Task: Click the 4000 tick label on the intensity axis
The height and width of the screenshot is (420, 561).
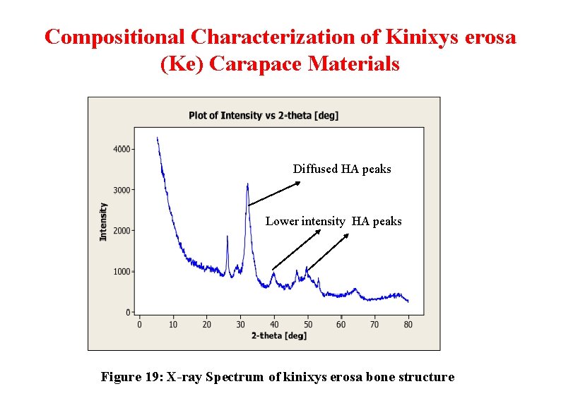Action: click(122, 149)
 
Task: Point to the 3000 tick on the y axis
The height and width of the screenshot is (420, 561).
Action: click(133, 190)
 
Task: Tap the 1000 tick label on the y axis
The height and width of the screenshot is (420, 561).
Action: click(122, 272)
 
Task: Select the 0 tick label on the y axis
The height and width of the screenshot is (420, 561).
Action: click(128, 313)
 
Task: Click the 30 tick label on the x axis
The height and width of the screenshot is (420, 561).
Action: click(240, 325)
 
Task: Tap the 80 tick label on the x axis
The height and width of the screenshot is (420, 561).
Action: click(408, 325)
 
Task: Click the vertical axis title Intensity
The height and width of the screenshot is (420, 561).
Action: click(103, 222)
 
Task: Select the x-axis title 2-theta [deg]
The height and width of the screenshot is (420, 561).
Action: click(279, 335)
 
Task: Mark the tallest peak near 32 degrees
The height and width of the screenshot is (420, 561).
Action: click(247, 184)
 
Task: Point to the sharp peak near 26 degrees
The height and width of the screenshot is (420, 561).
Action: click(228, 236)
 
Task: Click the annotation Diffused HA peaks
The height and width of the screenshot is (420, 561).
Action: click(342, 169)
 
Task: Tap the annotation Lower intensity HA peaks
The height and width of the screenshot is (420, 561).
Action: click(333, 221)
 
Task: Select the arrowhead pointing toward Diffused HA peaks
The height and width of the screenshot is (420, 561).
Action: click(297, 183)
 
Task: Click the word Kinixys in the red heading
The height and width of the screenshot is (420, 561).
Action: click(422, 37)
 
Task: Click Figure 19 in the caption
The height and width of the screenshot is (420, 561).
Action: click(132, 377)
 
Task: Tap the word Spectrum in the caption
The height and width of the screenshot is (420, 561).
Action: click(235, 377)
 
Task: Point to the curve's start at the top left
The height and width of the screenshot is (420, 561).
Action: click(157, 137)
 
